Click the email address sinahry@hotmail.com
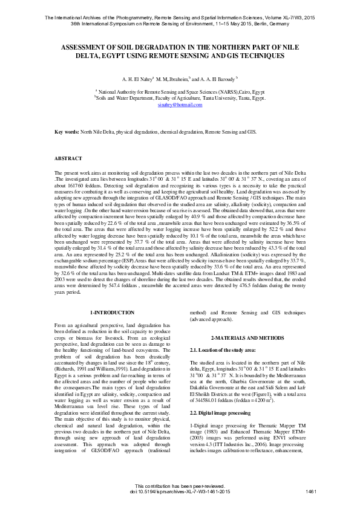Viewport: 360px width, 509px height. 180,105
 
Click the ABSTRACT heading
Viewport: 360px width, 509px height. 68,158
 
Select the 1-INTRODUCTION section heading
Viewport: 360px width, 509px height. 112,313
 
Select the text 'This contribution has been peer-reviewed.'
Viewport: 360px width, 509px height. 180,485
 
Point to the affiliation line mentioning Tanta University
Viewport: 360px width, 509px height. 180,97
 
